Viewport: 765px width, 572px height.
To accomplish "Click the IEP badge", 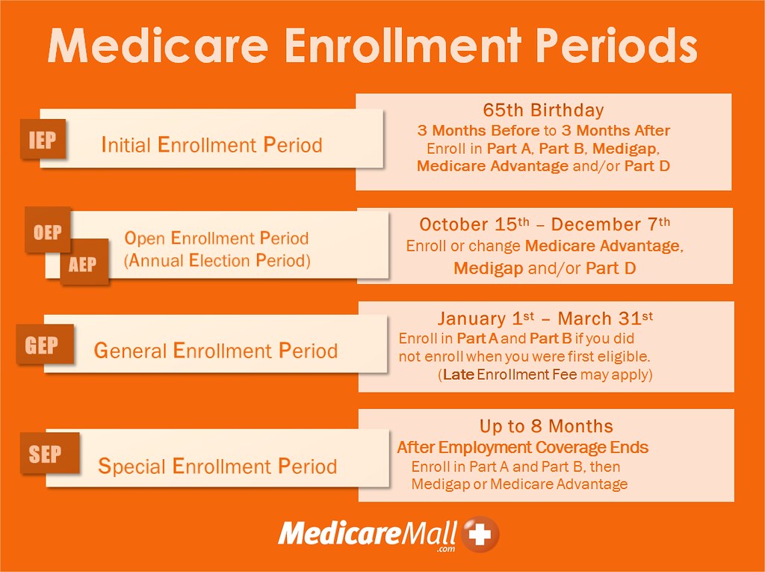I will click(43, 140).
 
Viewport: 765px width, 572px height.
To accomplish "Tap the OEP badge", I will click(48, 231).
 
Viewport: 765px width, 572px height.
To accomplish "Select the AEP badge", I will click(84, 263).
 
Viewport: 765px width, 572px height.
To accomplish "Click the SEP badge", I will click(45, 453).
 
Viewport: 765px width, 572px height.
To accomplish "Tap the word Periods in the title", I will click(616, 46).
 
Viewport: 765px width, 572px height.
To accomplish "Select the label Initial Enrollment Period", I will click(211, 144).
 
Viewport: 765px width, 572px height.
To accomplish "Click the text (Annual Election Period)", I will click(217, 261).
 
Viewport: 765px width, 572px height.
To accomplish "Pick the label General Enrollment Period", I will click(215, 350).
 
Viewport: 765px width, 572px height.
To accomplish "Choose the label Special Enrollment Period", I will click(217, 467).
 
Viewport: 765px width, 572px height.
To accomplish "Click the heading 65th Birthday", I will click(543, 110).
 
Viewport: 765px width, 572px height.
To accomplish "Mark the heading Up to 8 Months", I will click(546, 426).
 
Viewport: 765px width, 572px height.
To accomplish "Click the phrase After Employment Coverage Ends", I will click(522, 447).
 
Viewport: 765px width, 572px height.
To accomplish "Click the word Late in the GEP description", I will click(457, 375).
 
